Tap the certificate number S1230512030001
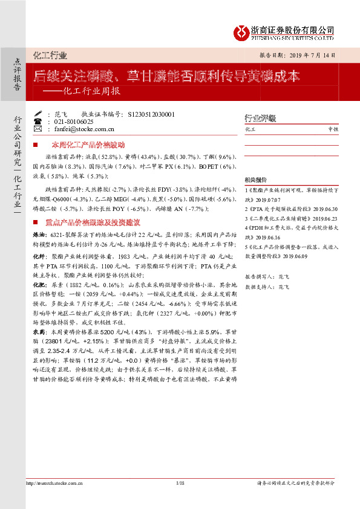(x=152, y=114)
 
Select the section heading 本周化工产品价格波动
(x=88, y=145)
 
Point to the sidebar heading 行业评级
(x=260, y=118)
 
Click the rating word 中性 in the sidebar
(x=333, y=129)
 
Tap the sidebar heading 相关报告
(x=255, y=180)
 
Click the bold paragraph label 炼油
(x=40, y=233)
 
